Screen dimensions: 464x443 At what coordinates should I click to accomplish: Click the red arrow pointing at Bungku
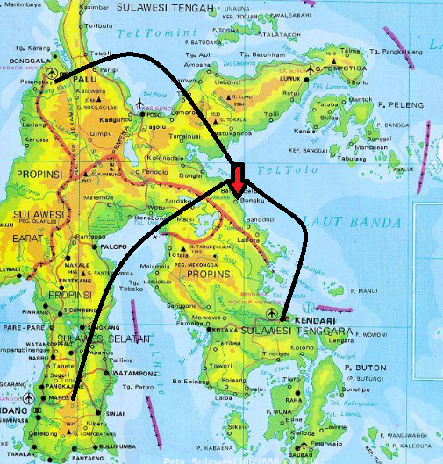(x=239, y=175)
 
